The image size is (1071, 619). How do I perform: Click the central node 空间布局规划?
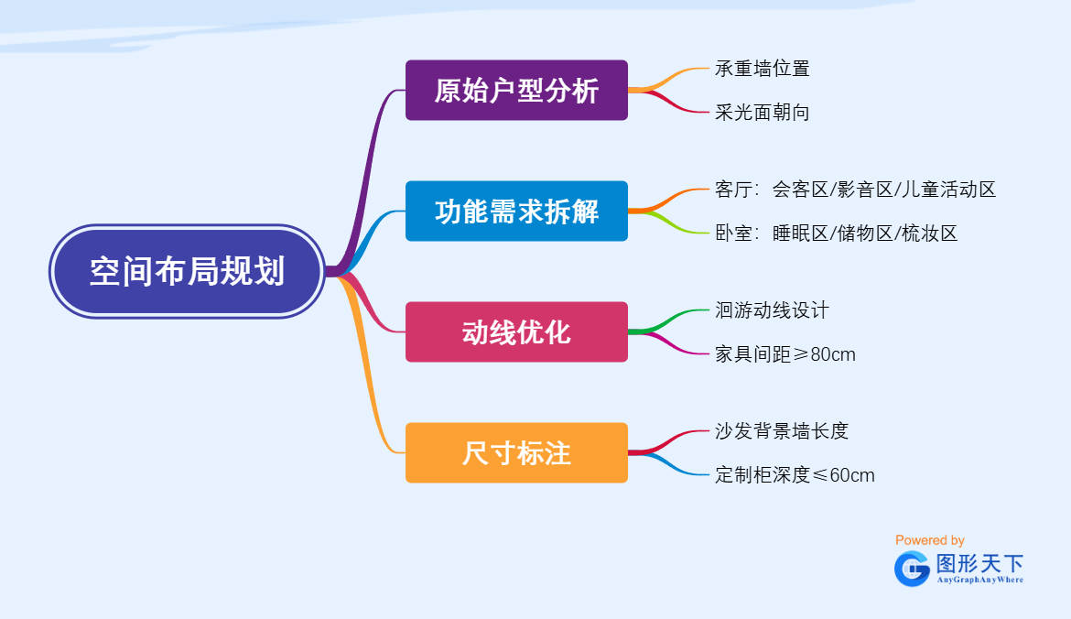(187, 271)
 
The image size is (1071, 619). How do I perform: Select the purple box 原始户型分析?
(516, 91)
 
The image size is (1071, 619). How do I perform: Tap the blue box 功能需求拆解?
(516, 212)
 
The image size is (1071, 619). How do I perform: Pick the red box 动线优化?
(516, 332)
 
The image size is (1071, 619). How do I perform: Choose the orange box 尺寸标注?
(516, 452)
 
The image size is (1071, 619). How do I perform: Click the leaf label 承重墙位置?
(762, 69)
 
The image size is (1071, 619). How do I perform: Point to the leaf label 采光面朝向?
(762, 113)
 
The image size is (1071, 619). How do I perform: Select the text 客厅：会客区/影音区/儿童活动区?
(855, 190)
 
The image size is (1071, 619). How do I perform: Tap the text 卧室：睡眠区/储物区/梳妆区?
(836, 233)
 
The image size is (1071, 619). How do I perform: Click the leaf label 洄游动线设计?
(772, 310)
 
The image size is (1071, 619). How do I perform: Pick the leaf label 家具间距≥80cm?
(784, 354)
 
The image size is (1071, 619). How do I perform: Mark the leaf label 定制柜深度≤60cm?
(795, 475)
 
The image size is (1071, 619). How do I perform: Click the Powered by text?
(929, 540)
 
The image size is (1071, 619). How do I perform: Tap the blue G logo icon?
(912, 569)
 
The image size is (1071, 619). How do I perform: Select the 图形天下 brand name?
(979, 563)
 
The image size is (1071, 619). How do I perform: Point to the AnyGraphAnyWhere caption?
(979, 580)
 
